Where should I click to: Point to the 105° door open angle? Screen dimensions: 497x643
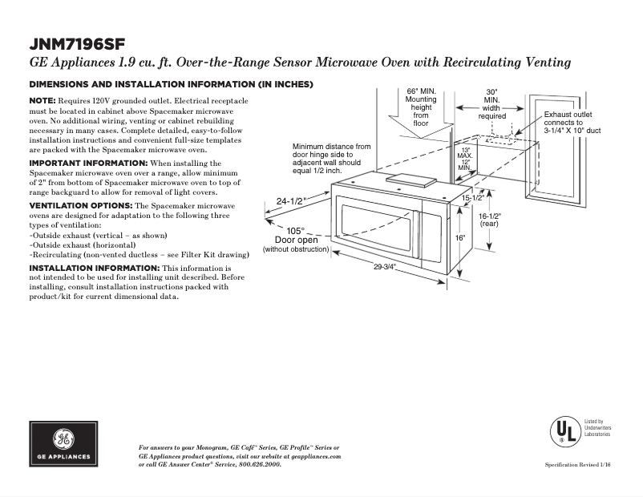pos(296,230)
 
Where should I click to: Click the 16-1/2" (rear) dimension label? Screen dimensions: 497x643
pos(489,220)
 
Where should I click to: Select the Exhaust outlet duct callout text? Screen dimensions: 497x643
pos(572,122)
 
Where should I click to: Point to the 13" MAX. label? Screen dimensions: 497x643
pos(464,152)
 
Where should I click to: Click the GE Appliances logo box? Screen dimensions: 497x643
pos(64,446)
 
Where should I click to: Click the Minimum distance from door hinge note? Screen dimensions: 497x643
pos(332,159)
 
